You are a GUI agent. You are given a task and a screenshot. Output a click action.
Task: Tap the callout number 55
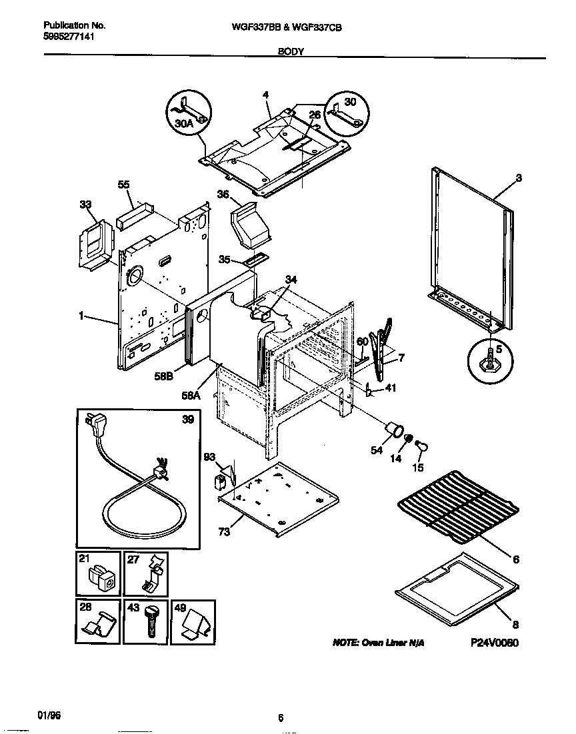[125, 183]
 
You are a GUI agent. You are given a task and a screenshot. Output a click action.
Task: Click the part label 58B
[164, 376]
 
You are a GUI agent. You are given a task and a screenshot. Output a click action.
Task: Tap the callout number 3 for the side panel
[518, 178]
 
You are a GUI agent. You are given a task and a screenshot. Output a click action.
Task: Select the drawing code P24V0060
[494, 643]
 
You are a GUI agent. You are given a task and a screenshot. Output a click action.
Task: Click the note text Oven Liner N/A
[378, 643]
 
